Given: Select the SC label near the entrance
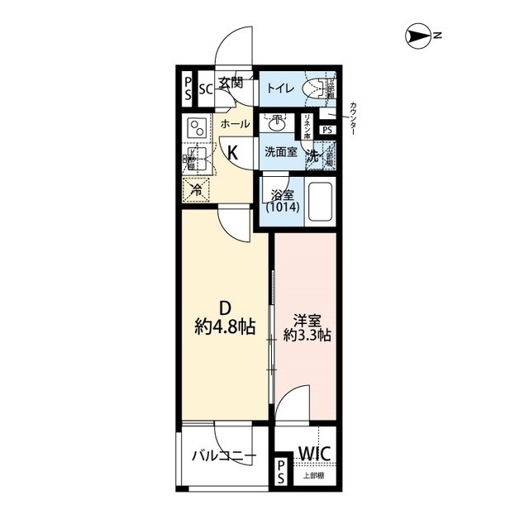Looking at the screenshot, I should (x=206, y=89).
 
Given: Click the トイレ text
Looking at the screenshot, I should (x=277, y=88).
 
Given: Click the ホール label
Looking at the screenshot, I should (x=235, y=124).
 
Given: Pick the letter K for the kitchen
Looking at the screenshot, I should (x=233, y=151).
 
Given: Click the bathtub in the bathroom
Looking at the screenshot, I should (x=319, y=204).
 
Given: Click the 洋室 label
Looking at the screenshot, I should (x=305, y=320).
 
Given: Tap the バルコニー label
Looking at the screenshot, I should (x=222, y=455).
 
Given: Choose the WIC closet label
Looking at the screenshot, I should (x=314, y=453).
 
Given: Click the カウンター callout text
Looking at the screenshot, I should (x=354, y=118).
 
